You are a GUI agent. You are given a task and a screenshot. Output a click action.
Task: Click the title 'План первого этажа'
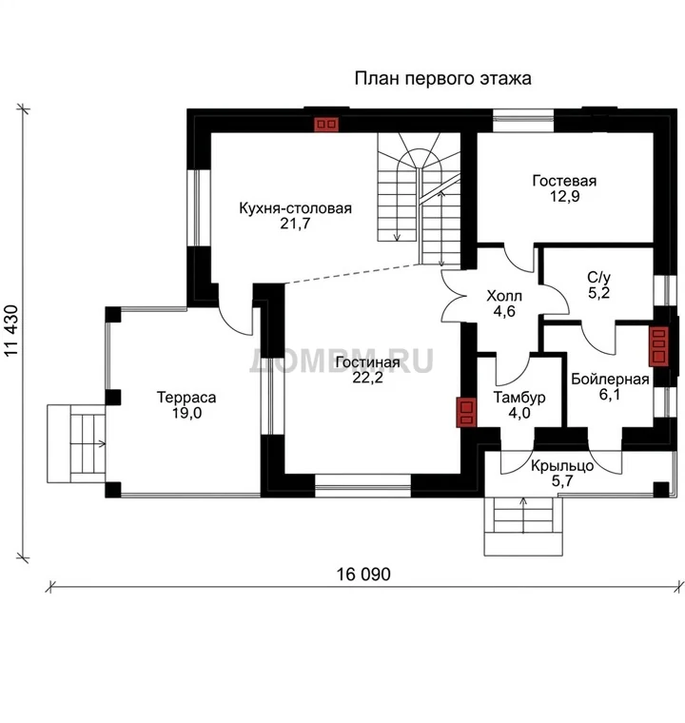(442, 78)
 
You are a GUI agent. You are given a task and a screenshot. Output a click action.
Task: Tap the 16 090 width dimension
(363, 574)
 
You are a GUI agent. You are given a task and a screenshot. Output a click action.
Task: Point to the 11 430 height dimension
(12, 330)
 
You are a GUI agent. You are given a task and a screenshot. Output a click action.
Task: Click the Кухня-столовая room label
(295, 208)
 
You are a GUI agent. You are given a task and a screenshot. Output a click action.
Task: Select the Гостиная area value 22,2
(367, 378)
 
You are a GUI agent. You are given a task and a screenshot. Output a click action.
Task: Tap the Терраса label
(186, 397)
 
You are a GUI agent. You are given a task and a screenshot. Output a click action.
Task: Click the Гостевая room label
(564, 181)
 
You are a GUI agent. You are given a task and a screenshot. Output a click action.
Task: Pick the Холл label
(504, 296)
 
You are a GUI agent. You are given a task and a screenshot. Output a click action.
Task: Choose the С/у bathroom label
(598, 277)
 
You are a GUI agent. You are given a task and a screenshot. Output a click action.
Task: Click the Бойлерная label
(610, 379)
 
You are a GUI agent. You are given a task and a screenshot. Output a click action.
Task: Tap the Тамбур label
(519, 397)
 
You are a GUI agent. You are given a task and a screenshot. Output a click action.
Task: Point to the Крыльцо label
(562, 466)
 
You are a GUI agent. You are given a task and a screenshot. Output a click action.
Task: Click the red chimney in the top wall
(326, 125)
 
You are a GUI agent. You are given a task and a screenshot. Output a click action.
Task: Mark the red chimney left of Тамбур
(466, 412)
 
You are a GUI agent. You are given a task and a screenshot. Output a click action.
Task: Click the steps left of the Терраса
(76, 444)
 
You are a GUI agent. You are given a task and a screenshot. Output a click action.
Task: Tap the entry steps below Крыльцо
(523, 527)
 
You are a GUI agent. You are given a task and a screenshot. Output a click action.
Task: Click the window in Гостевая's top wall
(523, 121)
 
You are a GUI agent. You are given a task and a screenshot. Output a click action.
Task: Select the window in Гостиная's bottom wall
(363, 485)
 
